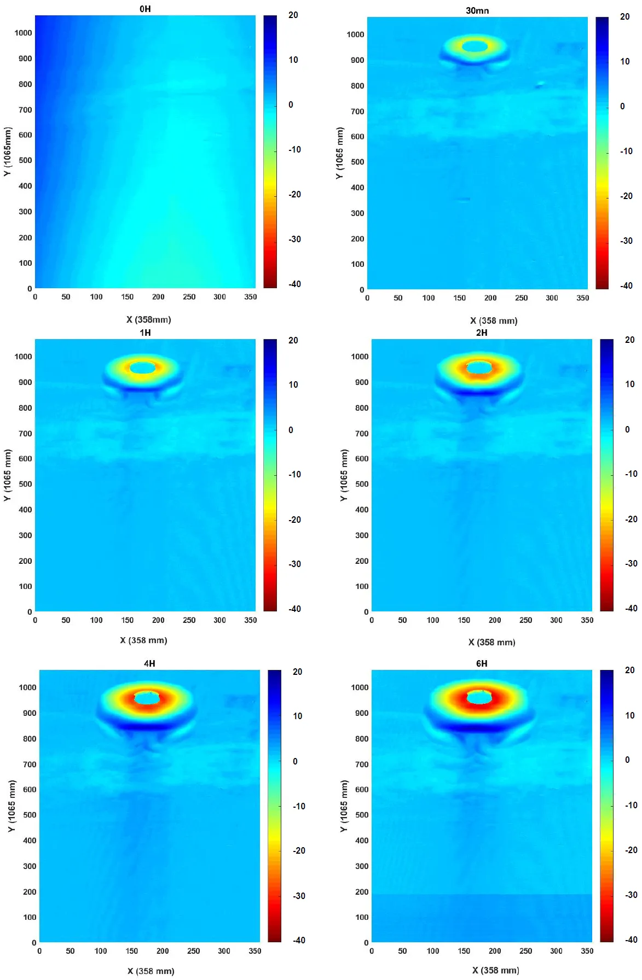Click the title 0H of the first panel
[x=145, y=9]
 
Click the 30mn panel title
[x=477, y=10]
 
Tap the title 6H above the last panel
[x=482, y=663]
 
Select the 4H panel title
[x=149, y=663]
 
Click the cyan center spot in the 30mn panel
[x=475, y=46]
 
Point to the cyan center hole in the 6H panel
[x=480, y=697]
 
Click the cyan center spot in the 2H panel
[x=479, y=367]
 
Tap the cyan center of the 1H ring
[x=143, y=367]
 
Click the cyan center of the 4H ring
[x=147, y=698]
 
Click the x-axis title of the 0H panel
[x=149, y=319]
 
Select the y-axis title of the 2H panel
[x=344, y=475]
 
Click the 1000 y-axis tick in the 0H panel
[x=23, y=33]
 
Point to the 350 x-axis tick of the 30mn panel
[x=583, y=298]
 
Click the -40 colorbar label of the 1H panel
[x=295, y=609]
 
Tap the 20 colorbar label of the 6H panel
[x=630, y=670]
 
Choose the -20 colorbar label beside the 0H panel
[x=295, y=194]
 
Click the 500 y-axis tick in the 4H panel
[x=30, y=815]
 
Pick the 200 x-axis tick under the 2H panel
[x=495, y=620]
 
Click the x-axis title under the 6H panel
[x=496, y=970]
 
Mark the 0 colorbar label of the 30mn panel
[x=622, y=106]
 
